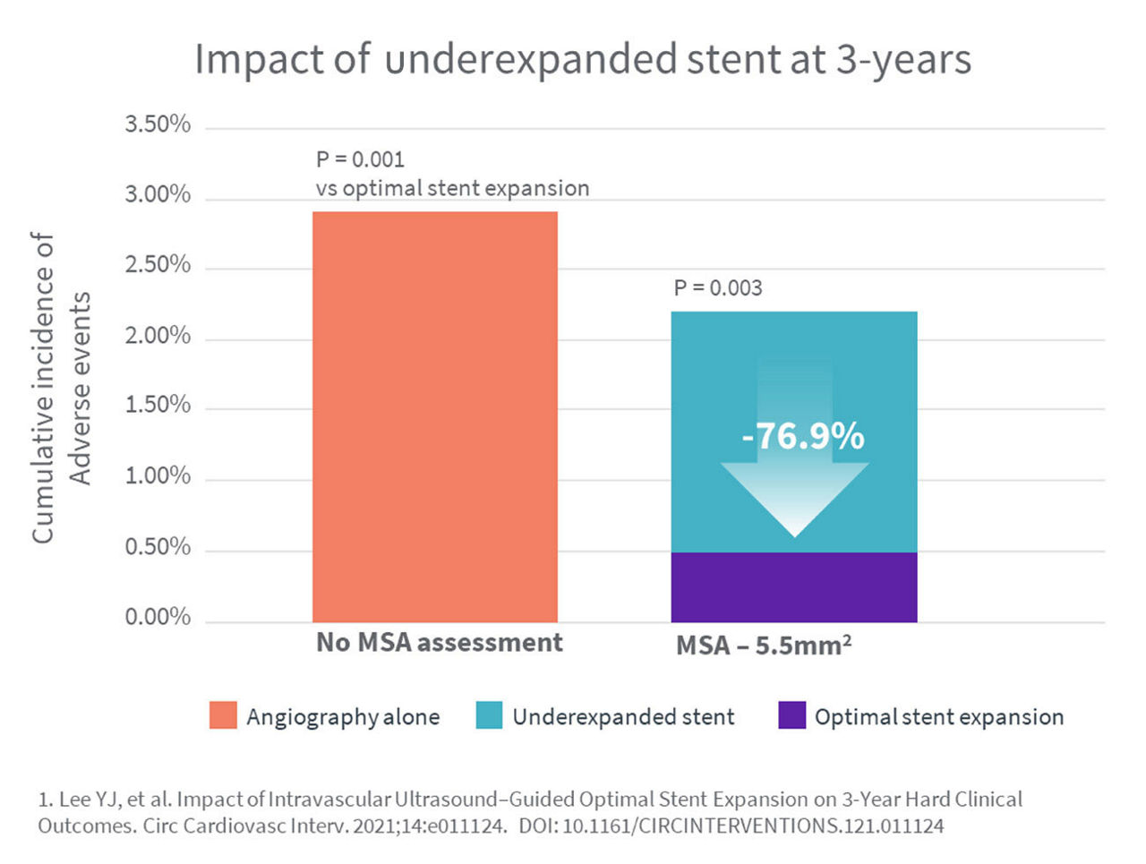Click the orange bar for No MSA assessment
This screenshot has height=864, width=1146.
point(435,416)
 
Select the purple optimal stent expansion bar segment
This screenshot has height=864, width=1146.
point(794,587)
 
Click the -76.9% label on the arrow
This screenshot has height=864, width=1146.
point(803,437)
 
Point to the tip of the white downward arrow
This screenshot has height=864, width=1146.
point(795,535)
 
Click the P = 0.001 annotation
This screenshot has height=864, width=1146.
point(360,159)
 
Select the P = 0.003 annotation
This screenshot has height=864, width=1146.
point(718,288)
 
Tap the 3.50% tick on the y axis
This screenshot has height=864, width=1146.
point(158,124)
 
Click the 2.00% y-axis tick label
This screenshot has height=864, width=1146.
point(158,336)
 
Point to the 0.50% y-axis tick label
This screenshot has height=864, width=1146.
point(158,547)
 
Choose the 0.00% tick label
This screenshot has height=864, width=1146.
point(158,617)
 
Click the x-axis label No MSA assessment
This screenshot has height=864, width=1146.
point(440,643)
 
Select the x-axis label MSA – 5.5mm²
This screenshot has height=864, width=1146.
point(763,645)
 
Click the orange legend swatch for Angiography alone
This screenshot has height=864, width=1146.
point(223,716)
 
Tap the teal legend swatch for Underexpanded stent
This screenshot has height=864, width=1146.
point(489,716)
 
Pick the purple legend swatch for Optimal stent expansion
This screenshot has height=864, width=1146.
point(791,716)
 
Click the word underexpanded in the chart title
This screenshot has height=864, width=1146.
point(531,61)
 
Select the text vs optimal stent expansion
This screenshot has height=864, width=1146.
point(452,189)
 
